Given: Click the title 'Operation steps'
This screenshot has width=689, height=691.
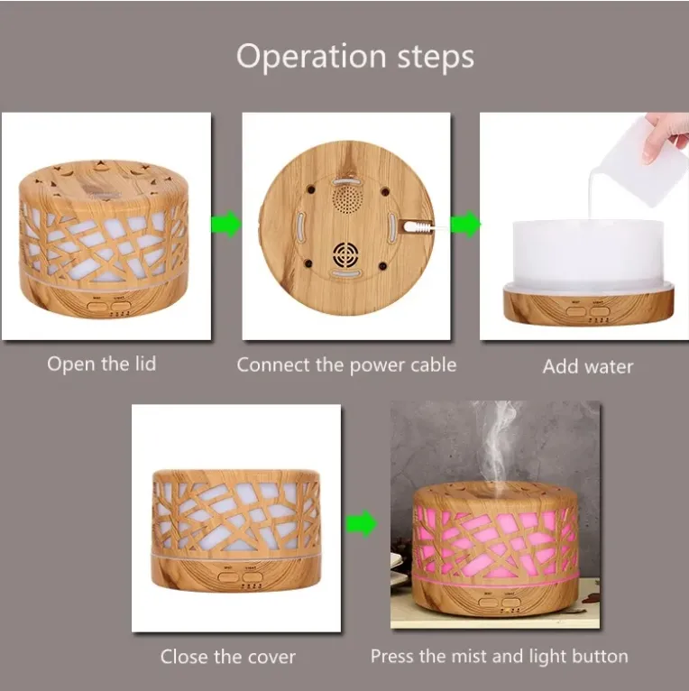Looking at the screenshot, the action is pos(355,58).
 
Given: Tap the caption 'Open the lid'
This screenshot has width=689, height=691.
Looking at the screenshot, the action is pos(102,364).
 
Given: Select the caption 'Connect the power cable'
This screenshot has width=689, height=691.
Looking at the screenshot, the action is pos(346,365).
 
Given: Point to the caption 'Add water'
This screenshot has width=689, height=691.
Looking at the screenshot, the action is pos(588,366).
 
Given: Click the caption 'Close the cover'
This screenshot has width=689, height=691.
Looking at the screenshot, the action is pos(228,657).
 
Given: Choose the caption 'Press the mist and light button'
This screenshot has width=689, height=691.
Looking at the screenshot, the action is pos(499,656).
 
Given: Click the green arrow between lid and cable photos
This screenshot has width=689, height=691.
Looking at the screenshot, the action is pos(226,224).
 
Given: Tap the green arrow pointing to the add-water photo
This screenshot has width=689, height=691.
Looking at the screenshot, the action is pos(465,224).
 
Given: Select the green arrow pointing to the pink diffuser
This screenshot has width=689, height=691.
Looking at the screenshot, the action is pos(362,523).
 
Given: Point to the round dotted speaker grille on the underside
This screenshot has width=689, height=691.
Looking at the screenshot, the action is pos(347,199).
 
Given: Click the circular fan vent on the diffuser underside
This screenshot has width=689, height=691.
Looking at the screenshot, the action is pos(345,254).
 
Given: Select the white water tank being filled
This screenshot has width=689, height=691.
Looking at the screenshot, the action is pos(588,254).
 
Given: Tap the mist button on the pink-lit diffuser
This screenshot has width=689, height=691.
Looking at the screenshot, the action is pos(488,603).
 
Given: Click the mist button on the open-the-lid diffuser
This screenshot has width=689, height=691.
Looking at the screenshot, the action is pos(96,306).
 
